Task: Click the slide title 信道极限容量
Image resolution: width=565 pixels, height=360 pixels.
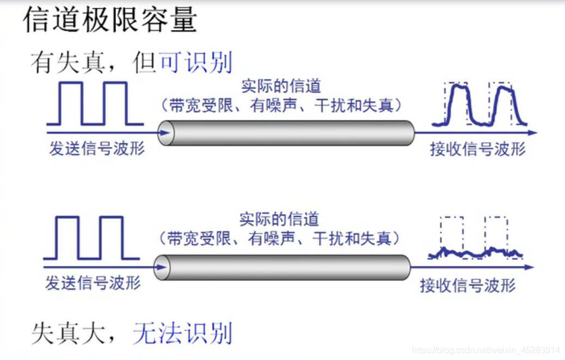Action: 109,21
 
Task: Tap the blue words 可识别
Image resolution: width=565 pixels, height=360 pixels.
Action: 195,63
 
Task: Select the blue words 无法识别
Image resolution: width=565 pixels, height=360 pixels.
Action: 182,332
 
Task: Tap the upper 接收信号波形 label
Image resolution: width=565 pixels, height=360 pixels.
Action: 477,149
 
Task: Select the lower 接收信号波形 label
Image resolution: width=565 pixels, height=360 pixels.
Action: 468,285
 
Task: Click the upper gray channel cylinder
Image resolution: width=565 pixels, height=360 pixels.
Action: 288,132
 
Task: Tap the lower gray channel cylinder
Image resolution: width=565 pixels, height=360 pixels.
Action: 283,267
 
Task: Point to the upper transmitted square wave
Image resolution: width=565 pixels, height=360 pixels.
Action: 94,103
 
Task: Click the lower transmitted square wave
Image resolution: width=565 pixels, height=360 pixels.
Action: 91,237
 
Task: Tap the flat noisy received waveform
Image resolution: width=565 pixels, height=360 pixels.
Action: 475,252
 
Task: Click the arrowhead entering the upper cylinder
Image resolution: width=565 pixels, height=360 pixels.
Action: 162,132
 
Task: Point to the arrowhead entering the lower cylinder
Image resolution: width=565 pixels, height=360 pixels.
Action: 159,267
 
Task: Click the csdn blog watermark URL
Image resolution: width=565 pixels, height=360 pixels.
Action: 486,350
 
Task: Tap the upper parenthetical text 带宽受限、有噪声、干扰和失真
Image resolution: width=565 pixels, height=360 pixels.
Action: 281,105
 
